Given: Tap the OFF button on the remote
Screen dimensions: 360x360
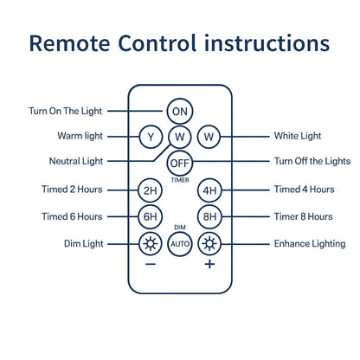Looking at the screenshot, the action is click(x=180, y=163).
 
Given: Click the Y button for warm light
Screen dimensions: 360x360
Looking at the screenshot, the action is click(x=151, y=137).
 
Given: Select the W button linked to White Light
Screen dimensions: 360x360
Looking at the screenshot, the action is click(x=209, y=137).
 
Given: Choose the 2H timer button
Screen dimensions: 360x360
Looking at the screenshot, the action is click(x=151, y=190).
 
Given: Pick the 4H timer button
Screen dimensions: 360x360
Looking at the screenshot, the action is click(x=209, y=190).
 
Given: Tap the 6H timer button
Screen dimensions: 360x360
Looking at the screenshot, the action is click(x=151, y=216).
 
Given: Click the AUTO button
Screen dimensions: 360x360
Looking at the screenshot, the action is click(x=180, y=244).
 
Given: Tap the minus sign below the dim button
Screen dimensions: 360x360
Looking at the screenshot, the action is click(x=151, y=264).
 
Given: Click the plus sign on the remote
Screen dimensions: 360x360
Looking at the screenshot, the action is click(x=209, y=264).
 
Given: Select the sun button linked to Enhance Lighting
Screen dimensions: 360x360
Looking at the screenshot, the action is click(x=209, y=244).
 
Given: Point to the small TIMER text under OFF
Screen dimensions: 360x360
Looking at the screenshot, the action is click(x=180, y=180).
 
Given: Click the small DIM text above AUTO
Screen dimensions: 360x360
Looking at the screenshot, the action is click(x=180, y=228).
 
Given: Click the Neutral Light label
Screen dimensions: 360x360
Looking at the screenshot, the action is click(x=76, y=161).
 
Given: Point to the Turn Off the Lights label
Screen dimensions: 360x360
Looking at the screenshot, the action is click(x=312, y=161).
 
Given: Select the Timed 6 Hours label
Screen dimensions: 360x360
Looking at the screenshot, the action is click(x=72, y=216).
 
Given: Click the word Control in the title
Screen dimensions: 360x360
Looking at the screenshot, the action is click(x=157, y=43).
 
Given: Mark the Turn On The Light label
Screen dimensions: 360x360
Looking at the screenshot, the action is click(x=65, y=111).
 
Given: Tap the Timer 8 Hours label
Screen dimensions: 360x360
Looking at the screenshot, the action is click(x=304, y=216).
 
